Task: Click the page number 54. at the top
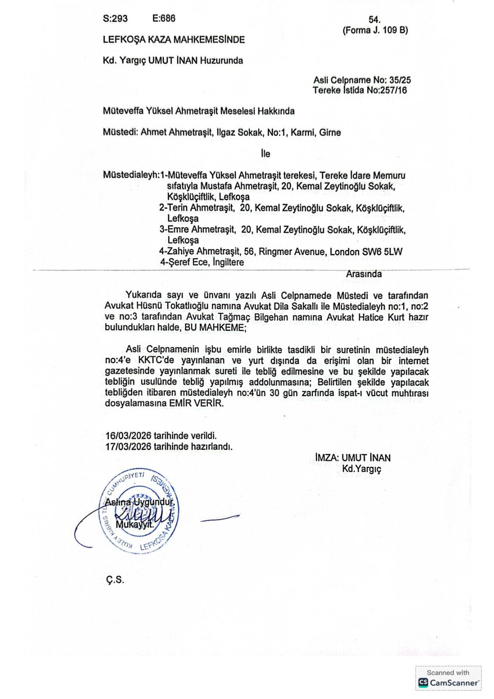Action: click(375, 20)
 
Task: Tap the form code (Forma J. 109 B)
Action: click(375, 30)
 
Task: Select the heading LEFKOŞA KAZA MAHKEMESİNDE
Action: click(174, 40)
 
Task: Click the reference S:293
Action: click(115, 18)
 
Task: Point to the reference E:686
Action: click(164, 18)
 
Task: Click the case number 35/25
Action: click(400, 80)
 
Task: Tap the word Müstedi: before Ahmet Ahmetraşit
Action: click(120, 132)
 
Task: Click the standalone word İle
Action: click(265, 154)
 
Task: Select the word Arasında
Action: click(364, 274)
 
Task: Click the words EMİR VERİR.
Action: click(196, 403)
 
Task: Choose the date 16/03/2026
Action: click(128, 436)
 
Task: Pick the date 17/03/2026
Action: click(128, 446)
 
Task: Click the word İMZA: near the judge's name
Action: click(327, 458)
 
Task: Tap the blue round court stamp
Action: click(140, 512)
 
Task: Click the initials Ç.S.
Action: click(115, 580)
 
